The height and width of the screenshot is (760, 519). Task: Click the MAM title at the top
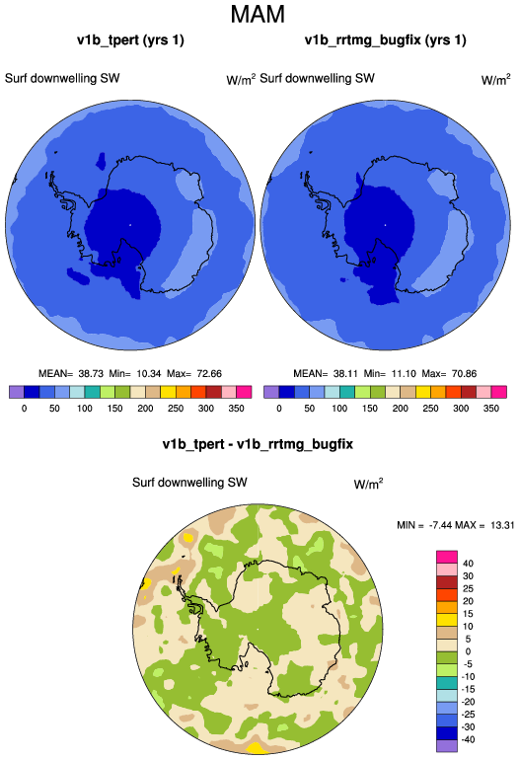(x=258, y=14)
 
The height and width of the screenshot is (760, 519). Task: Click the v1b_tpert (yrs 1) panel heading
(x=130, y=39)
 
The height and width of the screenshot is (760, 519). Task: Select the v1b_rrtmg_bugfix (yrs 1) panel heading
(x=385, y=39)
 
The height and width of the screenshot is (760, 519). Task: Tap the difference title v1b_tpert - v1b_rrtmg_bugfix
(x=258, y=444)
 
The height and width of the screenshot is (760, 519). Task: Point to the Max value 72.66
(x=209, y=374)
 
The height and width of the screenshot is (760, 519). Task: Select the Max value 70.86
(x=465, y=374)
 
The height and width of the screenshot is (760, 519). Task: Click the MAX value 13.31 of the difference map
(x=502, y=525)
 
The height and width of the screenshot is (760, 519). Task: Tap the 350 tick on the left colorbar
(x=236, y=408)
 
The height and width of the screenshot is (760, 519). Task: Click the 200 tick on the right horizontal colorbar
(x=401, y=408)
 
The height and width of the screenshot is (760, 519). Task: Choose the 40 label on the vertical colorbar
(x=468, y=564)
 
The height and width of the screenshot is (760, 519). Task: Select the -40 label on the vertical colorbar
(x=467, y=739)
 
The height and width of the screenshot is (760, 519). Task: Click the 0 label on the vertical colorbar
(x=468, y=651)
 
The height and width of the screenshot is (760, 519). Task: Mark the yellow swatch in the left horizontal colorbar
(x=168, y=392)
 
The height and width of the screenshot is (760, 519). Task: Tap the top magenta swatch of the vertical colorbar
(x=447, y=557)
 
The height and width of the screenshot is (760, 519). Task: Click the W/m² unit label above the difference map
(x=368, y=484)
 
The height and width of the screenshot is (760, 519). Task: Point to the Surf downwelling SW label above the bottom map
(x=189, y=483)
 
